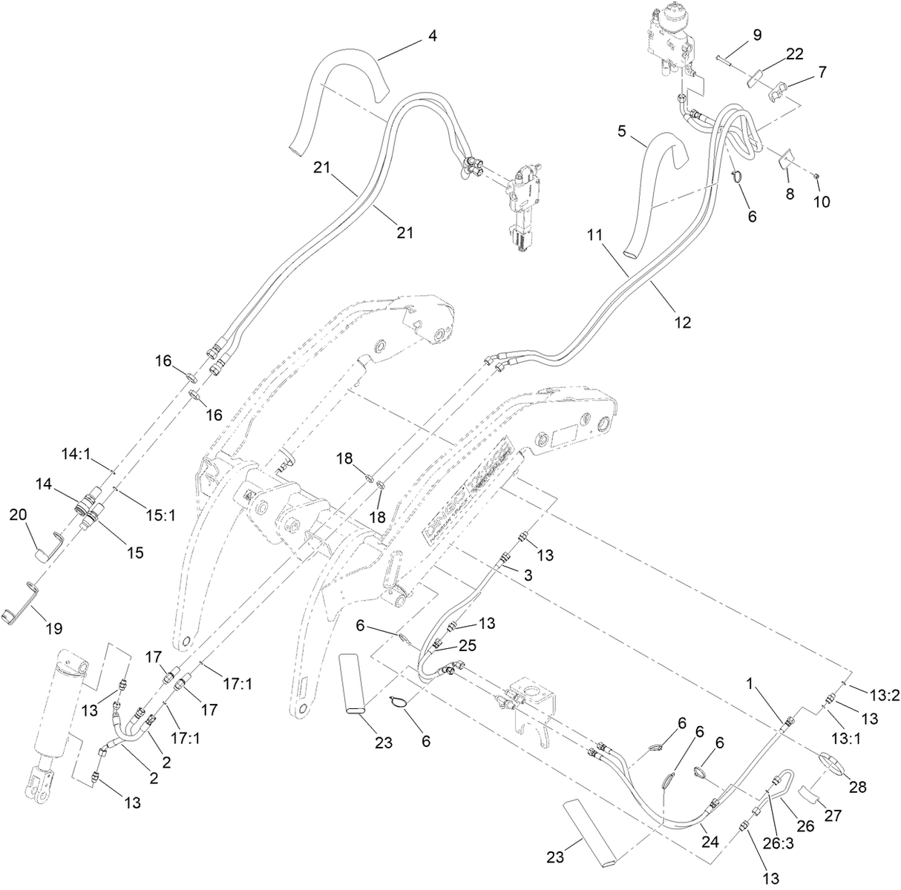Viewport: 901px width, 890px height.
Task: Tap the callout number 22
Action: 794,53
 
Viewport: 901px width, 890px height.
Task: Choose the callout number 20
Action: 18,514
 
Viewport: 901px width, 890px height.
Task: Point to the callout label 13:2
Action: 884,695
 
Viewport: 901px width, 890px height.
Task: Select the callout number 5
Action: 622,132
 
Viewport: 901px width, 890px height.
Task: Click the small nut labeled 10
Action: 815,175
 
